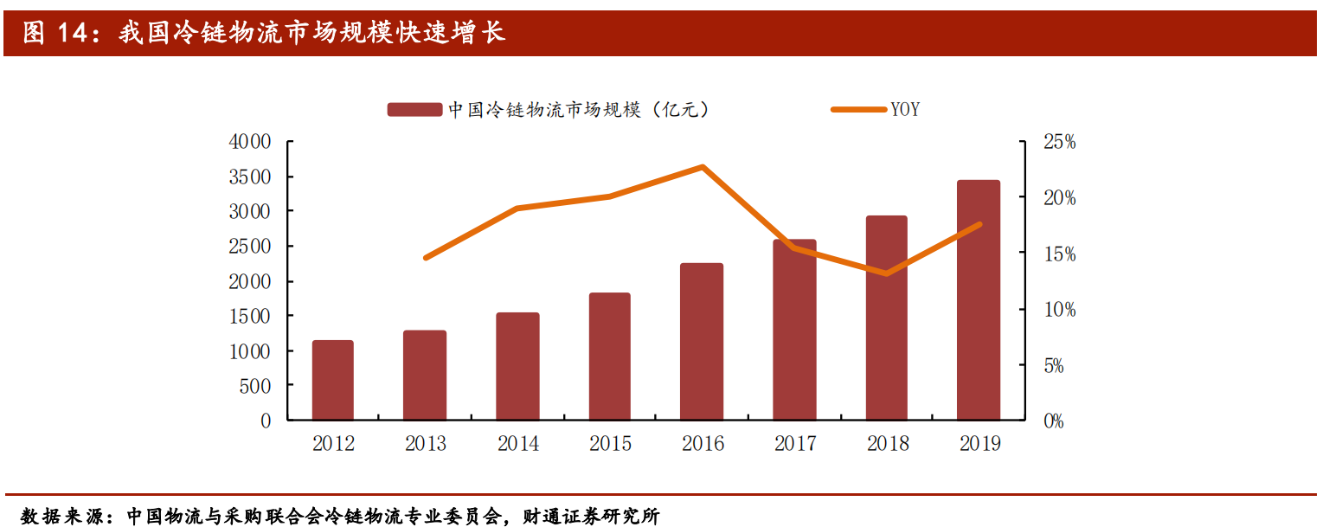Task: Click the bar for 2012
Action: point(333,381)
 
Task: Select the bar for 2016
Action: point(702,342)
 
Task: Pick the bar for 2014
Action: point(517,367)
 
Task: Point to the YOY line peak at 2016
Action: point(703,166)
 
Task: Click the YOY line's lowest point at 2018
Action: point(886,273)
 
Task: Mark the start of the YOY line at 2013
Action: point(426,258)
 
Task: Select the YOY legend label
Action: point(905,110)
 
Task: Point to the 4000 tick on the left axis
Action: point(250,142)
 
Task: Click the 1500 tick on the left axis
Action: point(250,317)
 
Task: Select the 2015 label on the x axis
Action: point(610,444)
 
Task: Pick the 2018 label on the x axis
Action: point(887,444)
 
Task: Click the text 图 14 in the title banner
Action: point(56,33)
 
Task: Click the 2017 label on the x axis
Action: point(795,444)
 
